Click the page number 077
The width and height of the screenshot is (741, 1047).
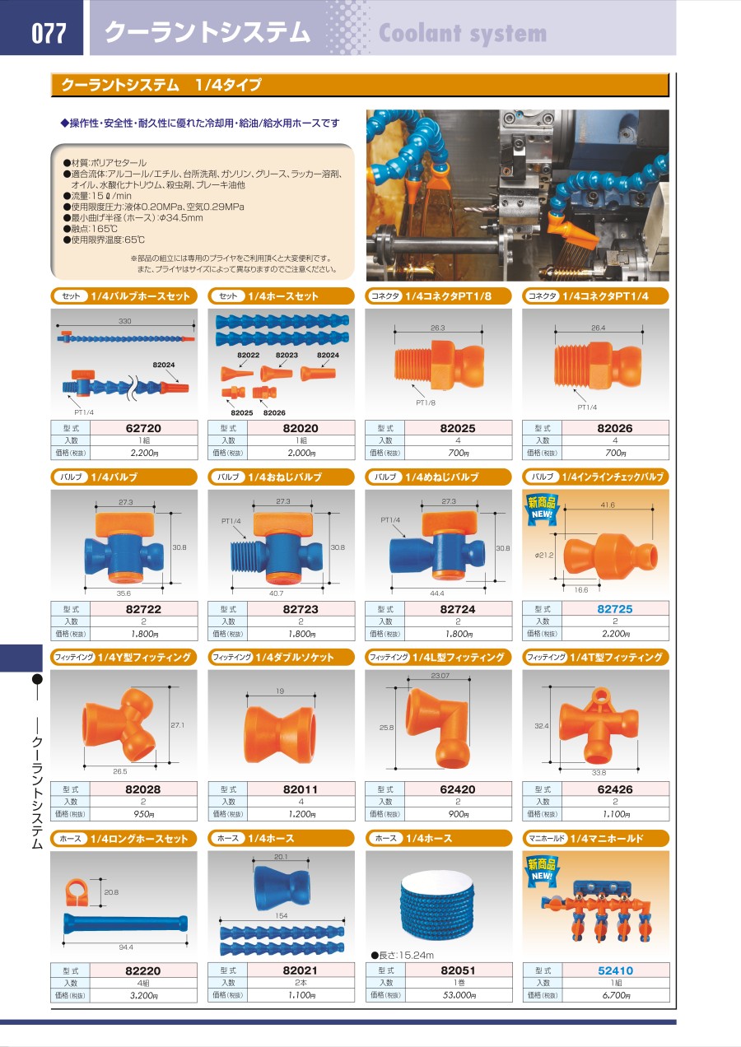coord(49,33)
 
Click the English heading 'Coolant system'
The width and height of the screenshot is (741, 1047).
coord(463,33)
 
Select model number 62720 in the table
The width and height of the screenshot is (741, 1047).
coord(143,428)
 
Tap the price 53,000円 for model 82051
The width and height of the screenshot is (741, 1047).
coord(459,996)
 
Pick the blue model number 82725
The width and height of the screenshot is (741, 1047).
coord(615,609)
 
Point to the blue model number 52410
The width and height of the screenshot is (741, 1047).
coord(615,970)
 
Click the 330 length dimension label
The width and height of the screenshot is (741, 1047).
coord(125,321)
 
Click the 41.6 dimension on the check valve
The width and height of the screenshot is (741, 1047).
coord(608,505)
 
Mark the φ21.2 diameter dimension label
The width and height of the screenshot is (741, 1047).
coord(543,555)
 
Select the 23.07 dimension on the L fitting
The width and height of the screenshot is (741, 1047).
coord(440,676)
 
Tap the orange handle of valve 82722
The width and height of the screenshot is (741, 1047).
coord(125,525)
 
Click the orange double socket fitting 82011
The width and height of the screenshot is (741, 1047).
coord(280,734)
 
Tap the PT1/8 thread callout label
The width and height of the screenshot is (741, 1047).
coord(426,403)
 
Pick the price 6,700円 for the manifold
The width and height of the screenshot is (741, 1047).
coord(616,996)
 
